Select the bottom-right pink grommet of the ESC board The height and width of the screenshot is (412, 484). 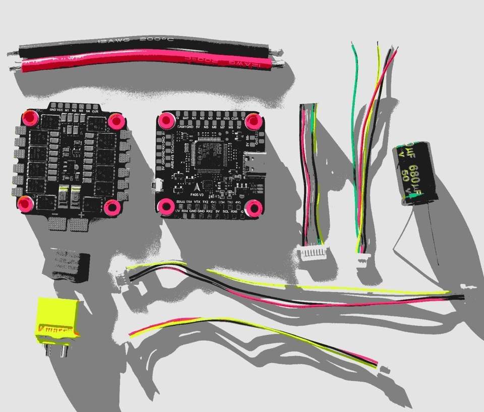click(x=111, y=206)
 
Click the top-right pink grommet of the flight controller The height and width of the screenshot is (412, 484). click(x=252, y=121)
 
